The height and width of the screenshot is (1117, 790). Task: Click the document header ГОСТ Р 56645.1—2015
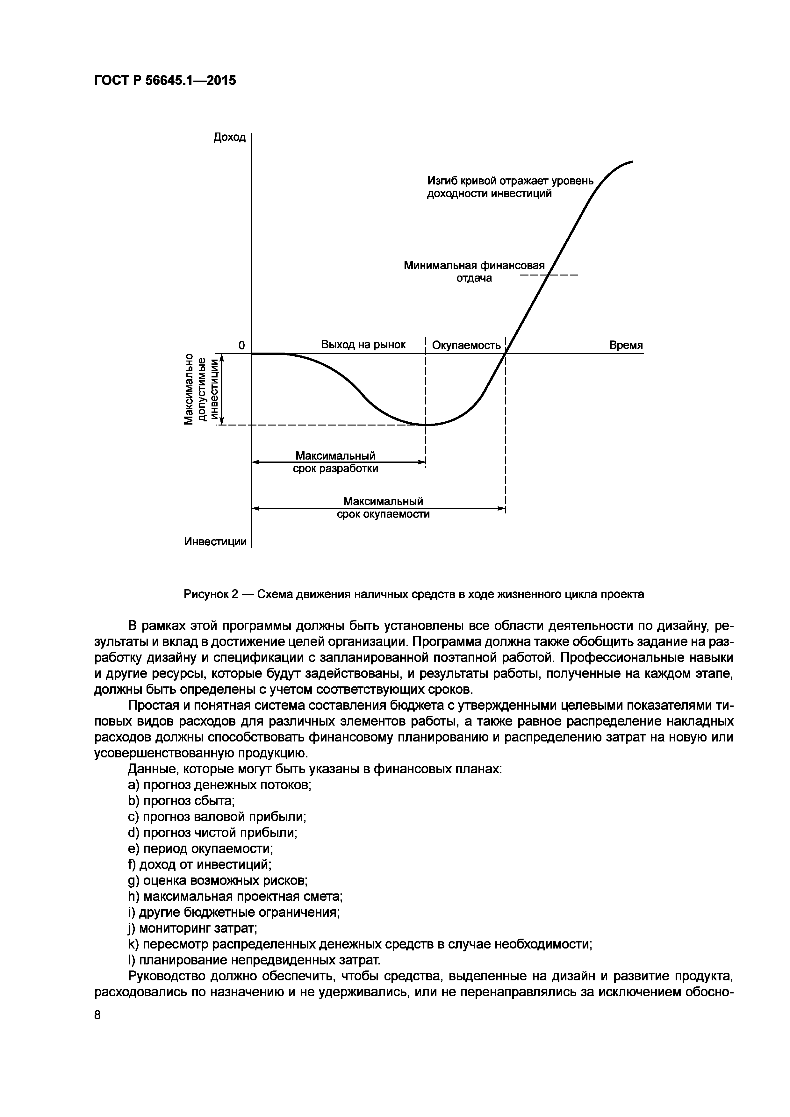(x=165, y=80)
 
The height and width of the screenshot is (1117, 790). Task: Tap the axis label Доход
(x=230, y=138)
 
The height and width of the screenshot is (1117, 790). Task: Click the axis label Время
(x=626, y=345)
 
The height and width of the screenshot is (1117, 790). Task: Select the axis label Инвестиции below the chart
(x=216, y=541)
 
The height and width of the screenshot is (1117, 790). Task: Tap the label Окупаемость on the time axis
(x=466, y=345)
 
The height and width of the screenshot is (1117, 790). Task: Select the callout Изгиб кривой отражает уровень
(x=510, y=181)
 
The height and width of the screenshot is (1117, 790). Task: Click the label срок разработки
(x=335, y=469)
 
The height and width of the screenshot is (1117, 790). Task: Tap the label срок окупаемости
(x=383, y=514)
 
